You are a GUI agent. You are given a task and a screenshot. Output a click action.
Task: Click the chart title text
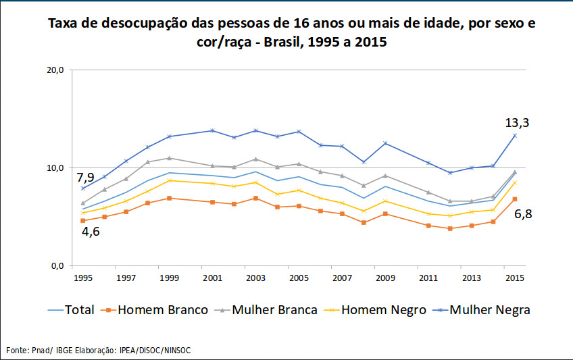(286, 33)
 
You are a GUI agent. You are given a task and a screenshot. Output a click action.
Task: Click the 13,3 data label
(517, 123)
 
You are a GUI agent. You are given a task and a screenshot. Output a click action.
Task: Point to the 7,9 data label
(84, 178)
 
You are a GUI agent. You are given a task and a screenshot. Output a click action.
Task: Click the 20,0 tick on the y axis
(54, 70)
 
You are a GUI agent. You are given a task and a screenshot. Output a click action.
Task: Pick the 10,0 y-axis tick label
(54, 168)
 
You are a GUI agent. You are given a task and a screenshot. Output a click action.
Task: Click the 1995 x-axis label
(82, 278)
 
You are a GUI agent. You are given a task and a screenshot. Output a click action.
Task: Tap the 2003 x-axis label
(255, 278)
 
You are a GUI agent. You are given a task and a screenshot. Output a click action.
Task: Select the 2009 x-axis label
(385, 278)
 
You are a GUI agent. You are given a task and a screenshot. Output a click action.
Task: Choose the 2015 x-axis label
(515, 278)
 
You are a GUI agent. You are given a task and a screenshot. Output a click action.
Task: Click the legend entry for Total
(72, 310)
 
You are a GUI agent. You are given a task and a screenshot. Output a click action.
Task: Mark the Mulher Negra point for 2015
(515, 135)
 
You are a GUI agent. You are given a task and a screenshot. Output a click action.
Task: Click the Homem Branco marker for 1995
(82, 221)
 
